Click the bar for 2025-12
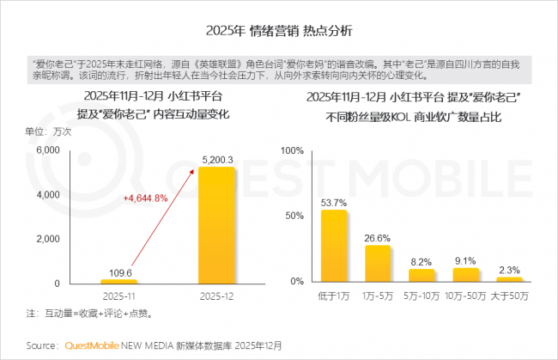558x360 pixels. click(215, 225)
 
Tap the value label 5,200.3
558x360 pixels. click(215, 159)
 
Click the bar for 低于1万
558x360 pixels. click(334, 246)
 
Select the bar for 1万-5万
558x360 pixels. click(379, 264)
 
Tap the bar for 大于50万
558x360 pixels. click(509, 279)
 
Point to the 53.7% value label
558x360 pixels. click(334, 203)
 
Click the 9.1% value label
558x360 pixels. click(466, 261)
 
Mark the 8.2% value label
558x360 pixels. click(422, 262)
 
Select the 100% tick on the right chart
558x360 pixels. click(292, 150)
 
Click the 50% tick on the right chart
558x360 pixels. click(294, 216)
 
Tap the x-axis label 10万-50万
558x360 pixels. click(466, 296)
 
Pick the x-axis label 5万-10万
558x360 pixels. click(422, 296)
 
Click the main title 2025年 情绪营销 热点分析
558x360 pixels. click(278, 30)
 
